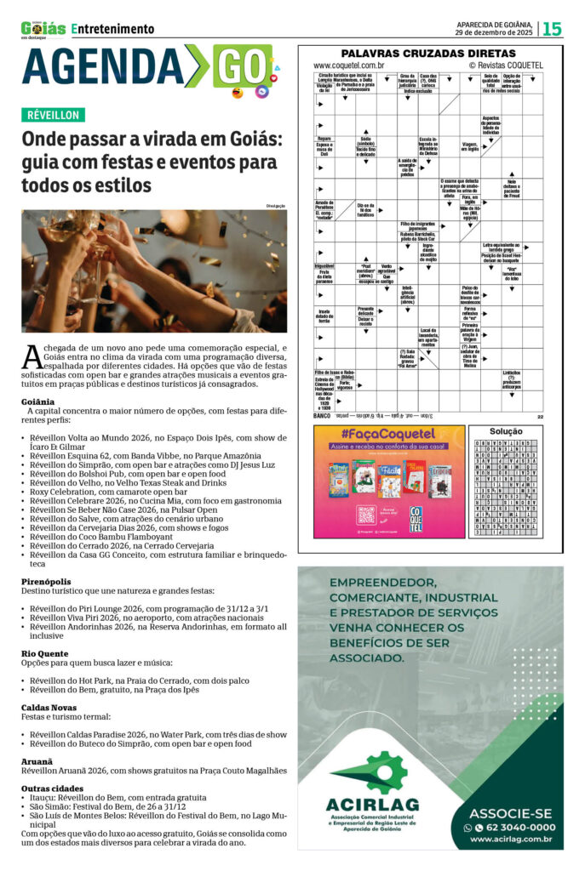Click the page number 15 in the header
[552, 28]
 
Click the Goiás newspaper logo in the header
[43, 28]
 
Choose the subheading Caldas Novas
[46, 708]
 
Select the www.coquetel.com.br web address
[348, 65]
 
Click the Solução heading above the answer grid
[506, 432]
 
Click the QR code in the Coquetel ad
[366, 514]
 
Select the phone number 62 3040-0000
[514, 827]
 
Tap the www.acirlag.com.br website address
[511, 840]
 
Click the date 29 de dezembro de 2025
[495, 32]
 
